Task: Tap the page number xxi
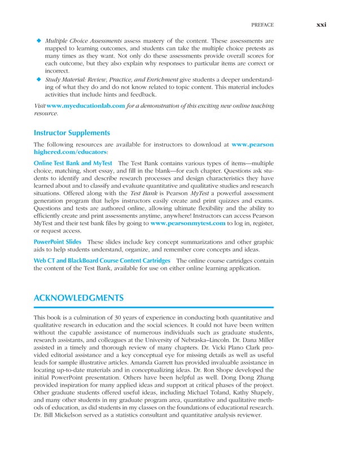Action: click(322, 24)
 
